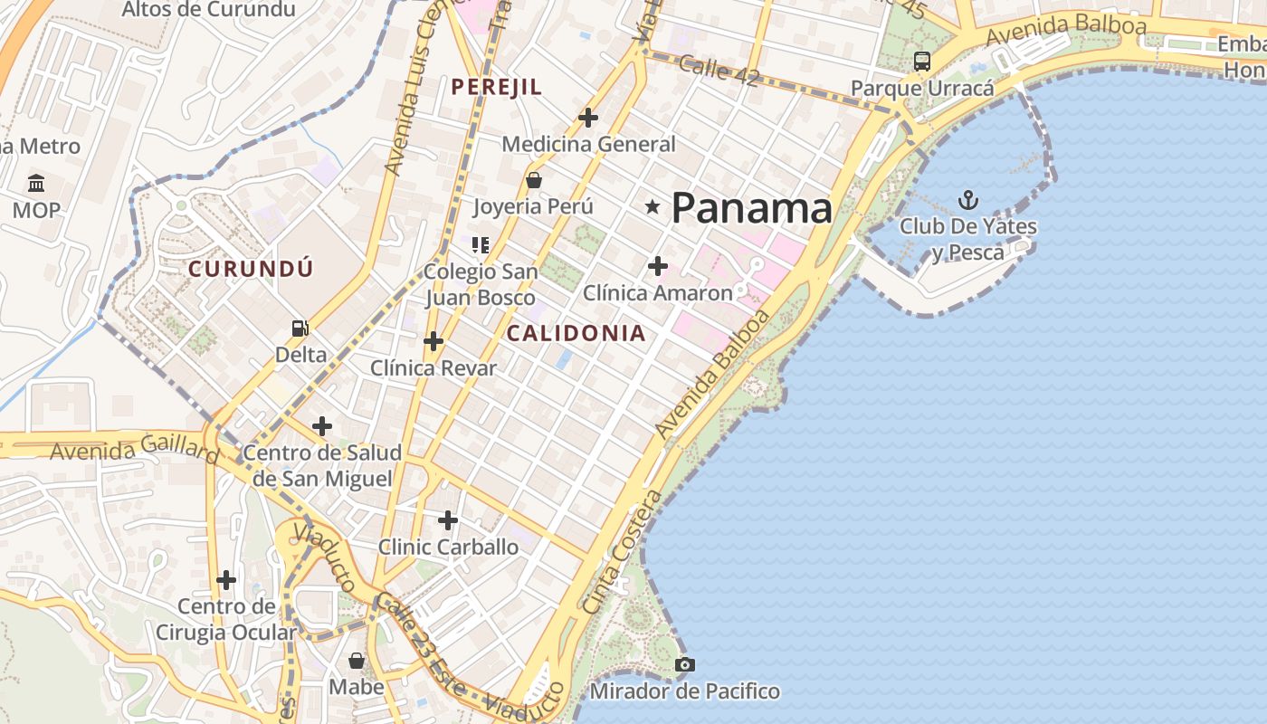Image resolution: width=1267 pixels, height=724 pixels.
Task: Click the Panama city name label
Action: [x=751, y=208]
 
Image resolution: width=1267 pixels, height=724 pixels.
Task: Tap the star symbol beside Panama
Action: [x=653, y=207]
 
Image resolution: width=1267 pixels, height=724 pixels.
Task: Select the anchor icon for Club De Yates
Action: [x=968, y=200]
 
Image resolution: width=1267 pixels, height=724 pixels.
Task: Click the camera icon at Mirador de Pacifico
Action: [x=684, y=665]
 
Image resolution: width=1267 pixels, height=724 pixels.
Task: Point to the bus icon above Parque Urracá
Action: [x=922, y=62]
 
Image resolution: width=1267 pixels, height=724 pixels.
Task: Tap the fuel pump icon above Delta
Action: [x=300, y=328]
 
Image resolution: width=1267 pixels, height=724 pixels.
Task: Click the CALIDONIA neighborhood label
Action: [x=576, y=333]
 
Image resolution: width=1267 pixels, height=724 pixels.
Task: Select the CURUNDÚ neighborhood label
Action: [x=251, y=269]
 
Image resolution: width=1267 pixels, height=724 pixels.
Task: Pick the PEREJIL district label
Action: [x=497, y=87]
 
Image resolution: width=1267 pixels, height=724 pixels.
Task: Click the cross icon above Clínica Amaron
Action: [x=658, y=266]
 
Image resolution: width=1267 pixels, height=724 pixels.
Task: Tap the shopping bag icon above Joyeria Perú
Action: [x=534, y=179]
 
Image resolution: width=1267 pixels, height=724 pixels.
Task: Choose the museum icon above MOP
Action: [x=36, y=184]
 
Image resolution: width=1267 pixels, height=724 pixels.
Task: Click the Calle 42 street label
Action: [x=718, y=71]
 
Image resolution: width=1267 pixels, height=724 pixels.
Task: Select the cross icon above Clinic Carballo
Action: [x=448, y=520]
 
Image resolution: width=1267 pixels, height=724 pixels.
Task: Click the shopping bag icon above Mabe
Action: [x=357, y=661]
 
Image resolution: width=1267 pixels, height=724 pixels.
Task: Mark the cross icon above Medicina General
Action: [x=588, y=118]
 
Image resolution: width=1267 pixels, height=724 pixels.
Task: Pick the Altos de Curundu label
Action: [x=208, y=10]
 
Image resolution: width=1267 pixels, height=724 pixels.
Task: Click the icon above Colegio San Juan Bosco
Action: [x=481, y=244]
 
